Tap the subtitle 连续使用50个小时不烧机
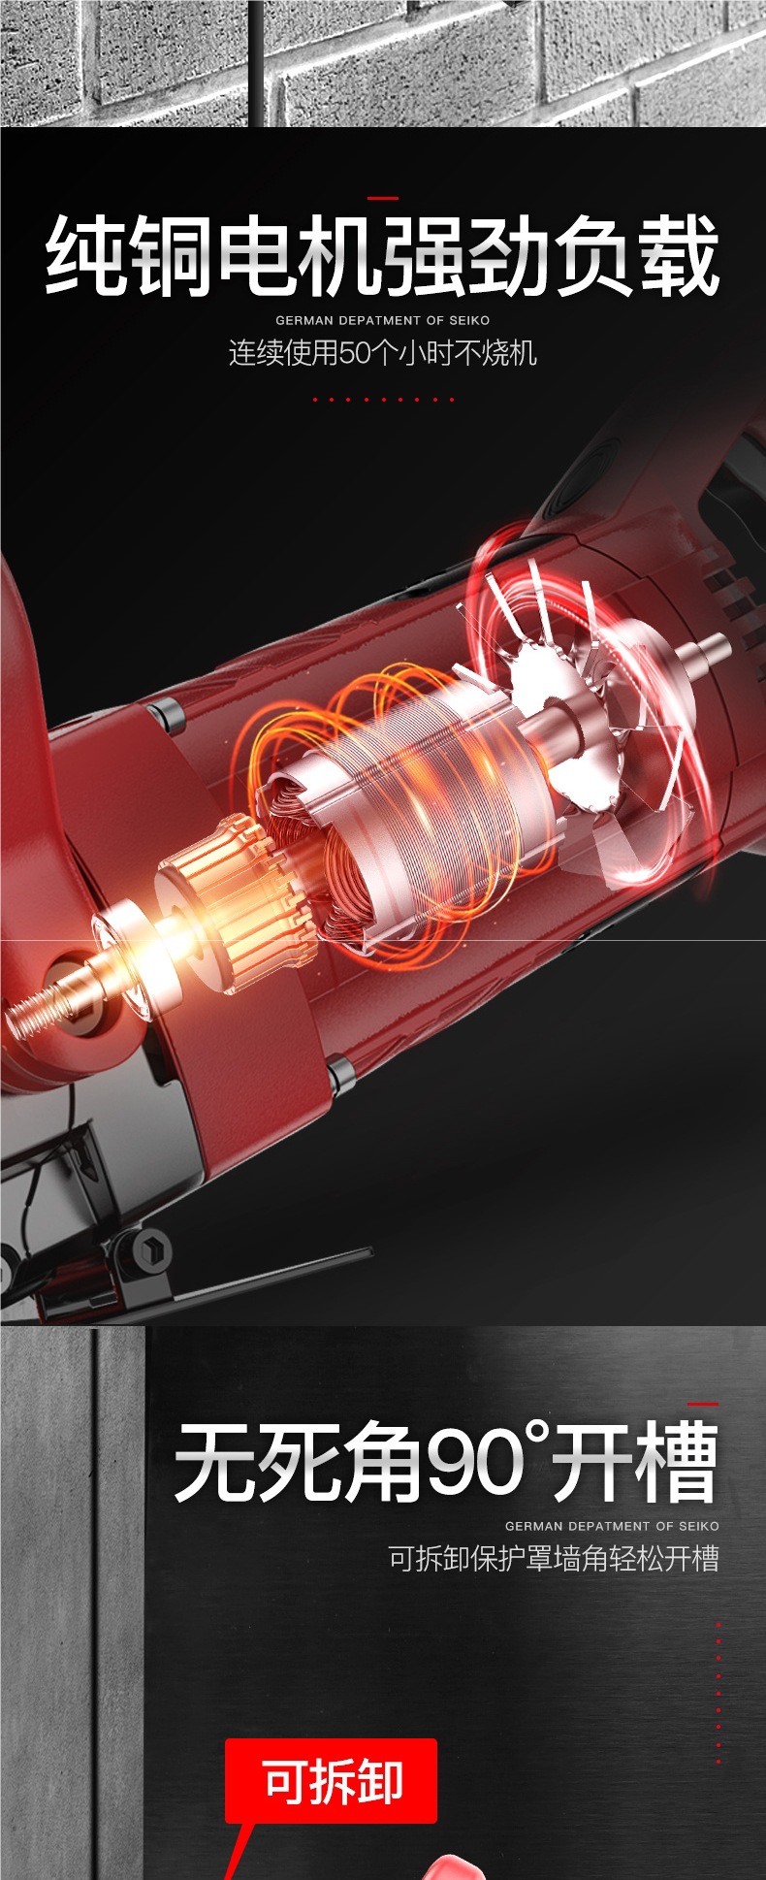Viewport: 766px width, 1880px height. (382, 352)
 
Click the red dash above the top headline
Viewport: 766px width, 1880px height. (383, 198)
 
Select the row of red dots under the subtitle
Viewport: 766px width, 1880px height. (383, 399)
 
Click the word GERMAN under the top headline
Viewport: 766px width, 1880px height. (304, 320)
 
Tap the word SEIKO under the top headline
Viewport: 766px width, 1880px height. (469, 320)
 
